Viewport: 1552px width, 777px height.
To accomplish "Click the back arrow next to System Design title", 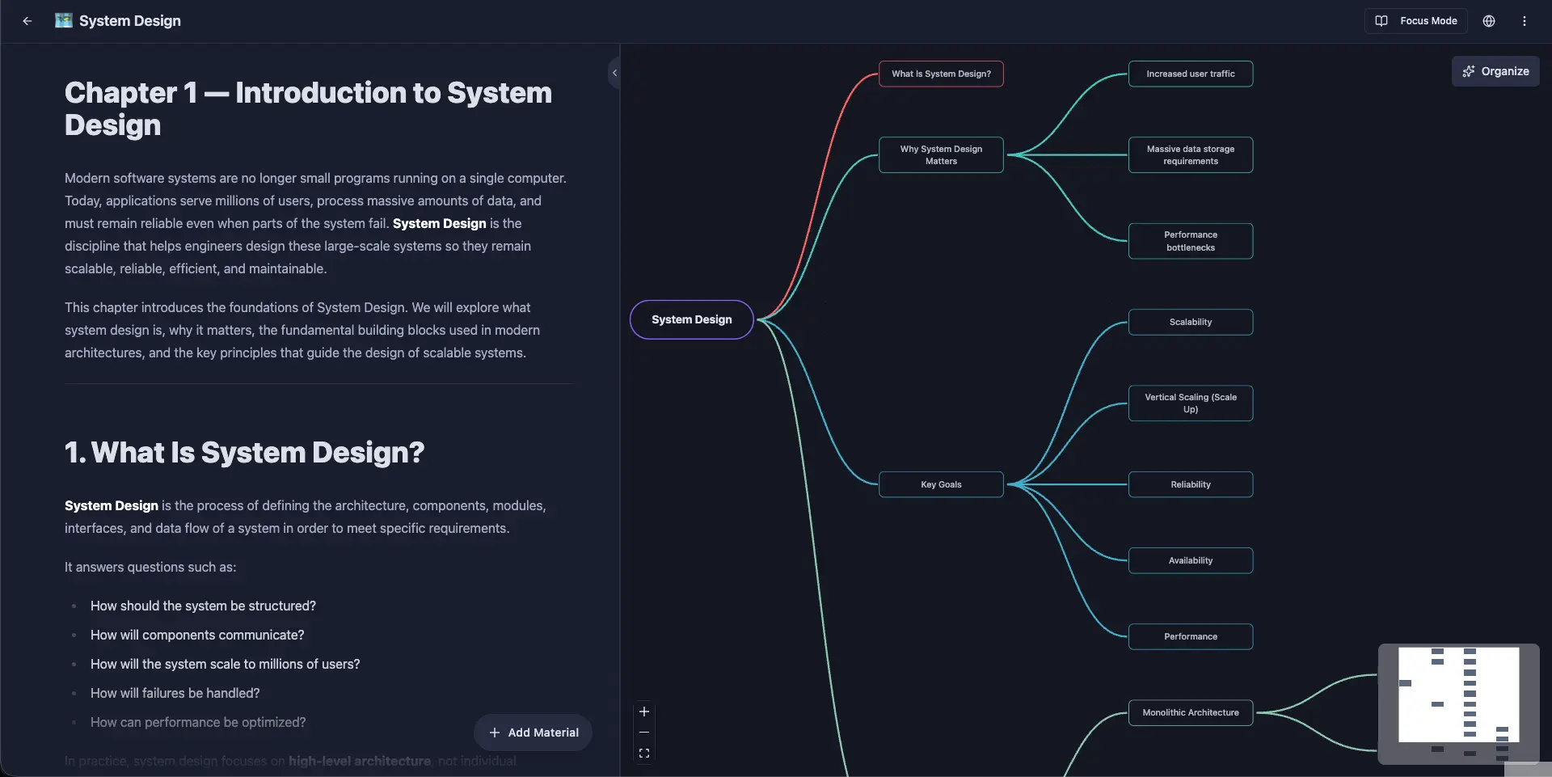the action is (27, 21).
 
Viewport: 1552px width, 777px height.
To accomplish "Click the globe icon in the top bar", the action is (1489, 21).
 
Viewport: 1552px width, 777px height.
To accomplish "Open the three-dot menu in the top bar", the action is (1525, 21).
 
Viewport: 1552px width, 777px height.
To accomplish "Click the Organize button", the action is (1495, 71).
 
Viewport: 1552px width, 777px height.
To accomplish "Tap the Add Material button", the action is (533, 733).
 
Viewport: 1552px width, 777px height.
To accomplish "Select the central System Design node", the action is (692, 319).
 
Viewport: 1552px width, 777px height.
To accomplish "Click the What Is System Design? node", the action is (941, 74).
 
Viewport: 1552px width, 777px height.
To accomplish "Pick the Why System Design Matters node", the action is (941, 154).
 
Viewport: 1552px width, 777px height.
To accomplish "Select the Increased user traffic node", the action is (1191, 74).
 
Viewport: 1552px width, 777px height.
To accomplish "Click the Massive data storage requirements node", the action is (1191, 154).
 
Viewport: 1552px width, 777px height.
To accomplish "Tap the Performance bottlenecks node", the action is (1191, 241).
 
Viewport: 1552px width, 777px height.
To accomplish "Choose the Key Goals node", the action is (941, 484).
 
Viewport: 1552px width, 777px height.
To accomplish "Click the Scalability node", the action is (1191, 322).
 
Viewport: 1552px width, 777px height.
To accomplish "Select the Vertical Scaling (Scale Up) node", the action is (1191, 403).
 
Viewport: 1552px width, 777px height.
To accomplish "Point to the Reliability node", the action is (1191, 484).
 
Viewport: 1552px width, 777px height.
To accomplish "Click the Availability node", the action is (1191, 560).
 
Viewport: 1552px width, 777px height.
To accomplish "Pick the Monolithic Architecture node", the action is (1191, 712).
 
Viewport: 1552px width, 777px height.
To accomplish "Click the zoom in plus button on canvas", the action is (644, 712).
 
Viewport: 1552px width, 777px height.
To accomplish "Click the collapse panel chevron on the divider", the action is (614, 73).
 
